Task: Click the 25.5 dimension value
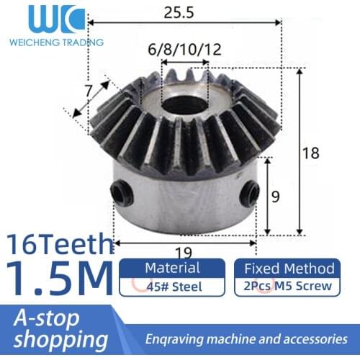(x=184, y=13)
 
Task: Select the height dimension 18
(x=310, y=152)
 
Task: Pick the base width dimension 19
(x=184, y=251)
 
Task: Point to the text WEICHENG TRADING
(x=56, y=42)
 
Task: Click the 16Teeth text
(x=58, y=244)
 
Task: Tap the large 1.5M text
(x=58, y=277)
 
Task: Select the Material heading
(x=172, y=268)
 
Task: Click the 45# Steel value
(x=173, y=287)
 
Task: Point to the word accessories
(x=310, y=338)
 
